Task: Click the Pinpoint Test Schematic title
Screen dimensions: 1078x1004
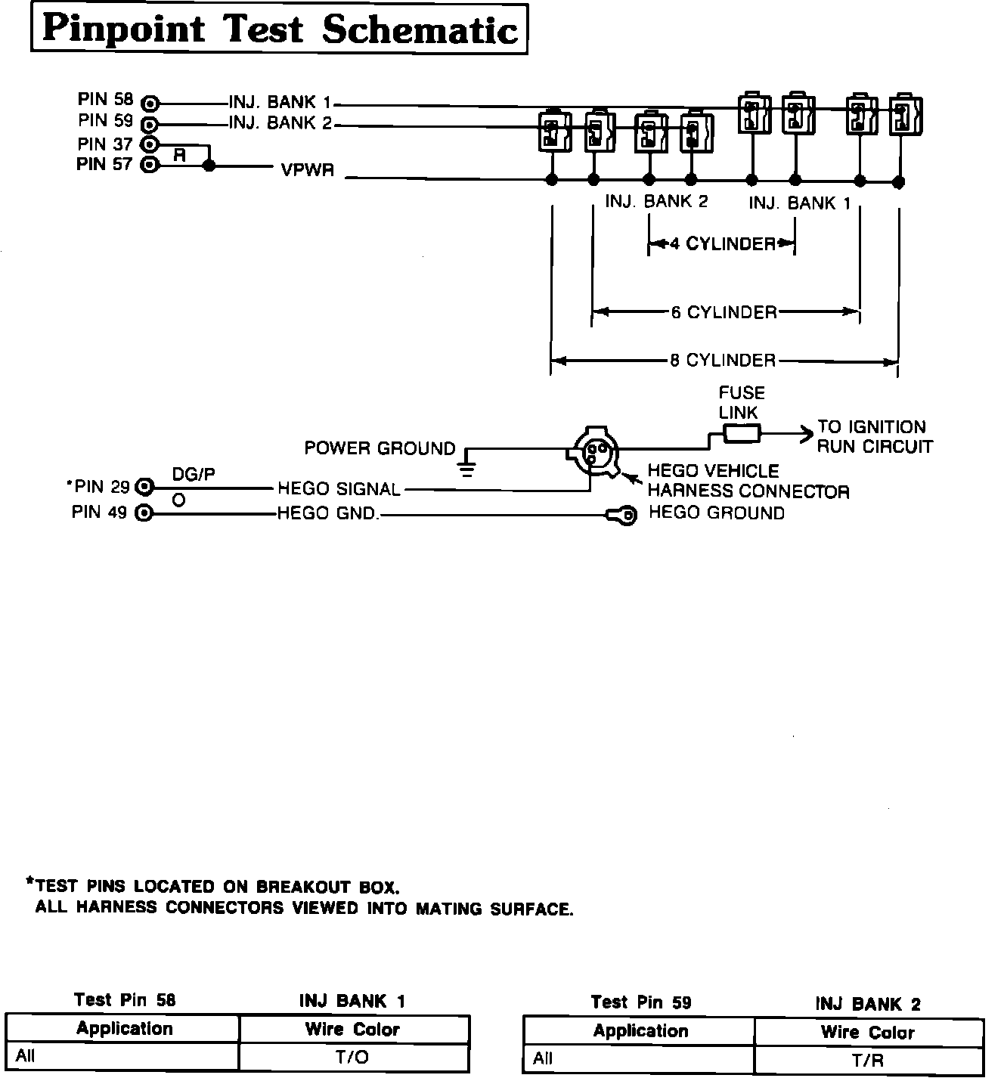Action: click(279, 29)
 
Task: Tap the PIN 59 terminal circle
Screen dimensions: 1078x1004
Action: click(150, 124)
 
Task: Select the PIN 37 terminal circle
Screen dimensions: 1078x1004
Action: click(150, 144)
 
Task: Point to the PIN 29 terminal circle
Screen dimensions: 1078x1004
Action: click(144, 488)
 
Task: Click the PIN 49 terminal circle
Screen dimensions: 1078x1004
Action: click(144, 514)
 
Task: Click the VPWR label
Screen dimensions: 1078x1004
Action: click(307, 170)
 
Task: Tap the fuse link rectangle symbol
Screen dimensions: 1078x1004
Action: click(742, 433)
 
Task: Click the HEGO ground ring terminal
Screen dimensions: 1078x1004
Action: click(624, 516)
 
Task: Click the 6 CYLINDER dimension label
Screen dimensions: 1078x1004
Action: click(724, 312)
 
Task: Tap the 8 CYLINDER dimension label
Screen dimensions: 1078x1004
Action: click(723, 361)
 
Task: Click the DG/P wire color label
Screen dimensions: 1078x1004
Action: click(194, 474)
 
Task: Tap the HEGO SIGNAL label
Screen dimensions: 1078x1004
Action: click(339, 489)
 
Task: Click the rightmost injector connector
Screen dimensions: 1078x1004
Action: click(905, 114)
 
